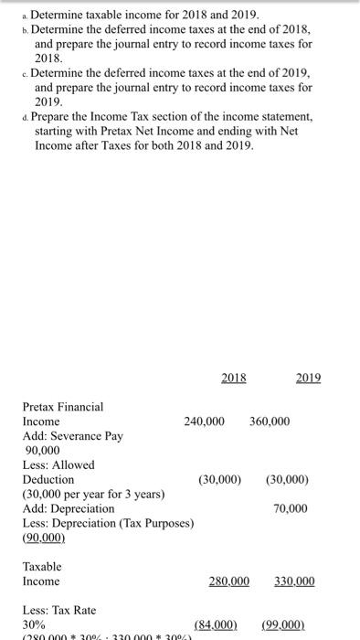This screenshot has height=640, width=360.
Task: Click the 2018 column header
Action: click(234, 377)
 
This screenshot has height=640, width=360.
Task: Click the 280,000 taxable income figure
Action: click(229, 581)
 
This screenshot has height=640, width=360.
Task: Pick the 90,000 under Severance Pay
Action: click(40, 451)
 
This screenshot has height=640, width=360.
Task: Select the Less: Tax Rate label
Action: click(58, 610)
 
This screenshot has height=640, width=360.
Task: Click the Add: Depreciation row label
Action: click(69, 508)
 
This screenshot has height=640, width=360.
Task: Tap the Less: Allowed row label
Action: click(58, 464)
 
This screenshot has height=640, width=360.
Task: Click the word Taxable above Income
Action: click(43, 566)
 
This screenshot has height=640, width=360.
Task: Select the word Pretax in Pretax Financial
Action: click(40, 407)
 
